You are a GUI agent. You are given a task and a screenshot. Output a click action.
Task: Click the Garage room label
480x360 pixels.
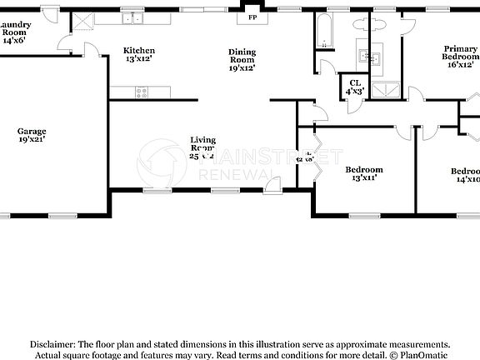pyautogui.click(x=32, y=136)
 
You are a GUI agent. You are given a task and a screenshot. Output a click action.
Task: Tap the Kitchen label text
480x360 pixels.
pyautogui.click(x=139, y=55)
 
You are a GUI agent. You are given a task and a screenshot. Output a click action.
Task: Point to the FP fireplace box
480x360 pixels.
pyautogui.click(x=251, y=17)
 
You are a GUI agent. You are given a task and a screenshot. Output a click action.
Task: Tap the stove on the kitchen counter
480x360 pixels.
pyautogui.click(x=141, y=92)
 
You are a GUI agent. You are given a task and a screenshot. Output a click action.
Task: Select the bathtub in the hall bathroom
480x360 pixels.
pyautogui.click(x=324, y=32)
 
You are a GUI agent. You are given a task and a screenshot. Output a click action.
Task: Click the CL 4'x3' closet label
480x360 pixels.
pyautogui.click(x=355, y=87)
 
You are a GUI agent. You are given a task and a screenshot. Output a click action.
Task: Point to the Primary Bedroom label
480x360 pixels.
pyautogui.click(x=461, y=59)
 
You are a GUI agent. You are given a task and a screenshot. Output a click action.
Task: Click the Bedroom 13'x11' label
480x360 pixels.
pyautogui.click(x=363, y=174)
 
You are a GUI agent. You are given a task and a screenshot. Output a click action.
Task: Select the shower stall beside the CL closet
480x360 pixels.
pyautogui.click(x=385, y=91)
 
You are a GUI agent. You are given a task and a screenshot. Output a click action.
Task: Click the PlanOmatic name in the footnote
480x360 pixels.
pyautogui.click(x=432, y=354)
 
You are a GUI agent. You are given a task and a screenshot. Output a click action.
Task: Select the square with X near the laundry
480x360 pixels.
pyautogui.click(x=83, y=22)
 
